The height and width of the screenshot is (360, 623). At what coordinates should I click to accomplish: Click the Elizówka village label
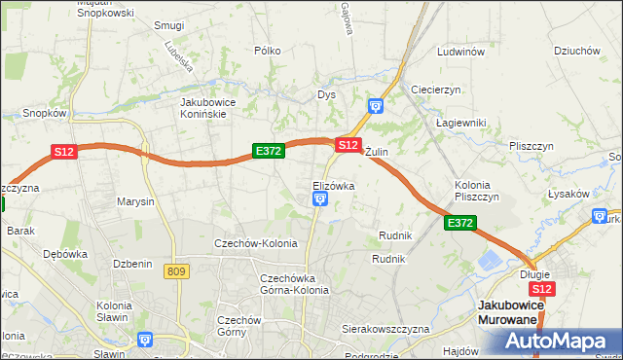tap(333, 185)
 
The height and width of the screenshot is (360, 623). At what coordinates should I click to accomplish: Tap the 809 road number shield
tap(176, 270)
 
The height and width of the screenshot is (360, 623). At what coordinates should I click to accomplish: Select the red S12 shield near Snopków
tap(64, 152)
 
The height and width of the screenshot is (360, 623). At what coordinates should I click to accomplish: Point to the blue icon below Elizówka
tap(319, 199)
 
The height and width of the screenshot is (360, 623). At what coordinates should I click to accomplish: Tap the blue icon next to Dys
tap(377, 106)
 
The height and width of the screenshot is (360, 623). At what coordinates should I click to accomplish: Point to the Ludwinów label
tap(461, 52)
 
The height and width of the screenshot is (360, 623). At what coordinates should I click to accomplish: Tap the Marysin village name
tap(135, 201)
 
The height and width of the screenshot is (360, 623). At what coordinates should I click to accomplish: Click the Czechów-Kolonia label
tap(256, 243)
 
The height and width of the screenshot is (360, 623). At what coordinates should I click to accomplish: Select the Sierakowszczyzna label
tap(385, 329)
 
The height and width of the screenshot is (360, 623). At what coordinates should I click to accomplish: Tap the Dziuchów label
tap(575, 51)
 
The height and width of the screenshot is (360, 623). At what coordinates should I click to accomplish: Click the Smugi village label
tap(169, 24)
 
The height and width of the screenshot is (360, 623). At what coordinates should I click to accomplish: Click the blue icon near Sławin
tap(145, 340)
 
